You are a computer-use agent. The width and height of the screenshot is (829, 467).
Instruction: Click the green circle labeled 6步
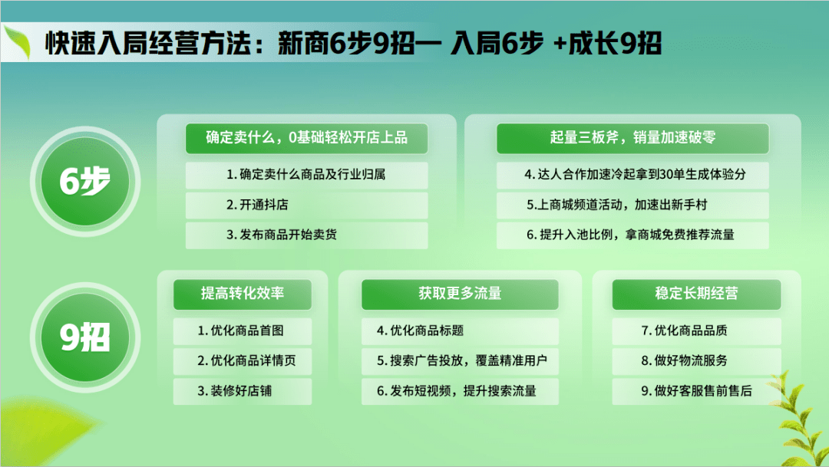(x=85, y=181)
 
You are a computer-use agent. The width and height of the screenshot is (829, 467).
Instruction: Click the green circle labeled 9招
(x=85, y=337)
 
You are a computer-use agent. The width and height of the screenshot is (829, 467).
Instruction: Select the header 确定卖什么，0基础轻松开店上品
(x=306, y=138)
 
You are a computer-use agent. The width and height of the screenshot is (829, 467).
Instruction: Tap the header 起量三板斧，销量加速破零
(x=632, y=138)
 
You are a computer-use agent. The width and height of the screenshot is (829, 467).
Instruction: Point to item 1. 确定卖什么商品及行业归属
(x=306, y=175)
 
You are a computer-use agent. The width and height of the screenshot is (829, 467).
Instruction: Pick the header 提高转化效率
(x=242, y=294)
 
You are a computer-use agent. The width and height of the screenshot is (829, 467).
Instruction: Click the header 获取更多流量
(x=460, y=294)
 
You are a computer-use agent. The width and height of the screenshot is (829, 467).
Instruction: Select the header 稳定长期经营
(x=696, y=294)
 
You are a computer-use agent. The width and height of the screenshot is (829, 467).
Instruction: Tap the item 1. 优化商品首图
(x=242, y=331)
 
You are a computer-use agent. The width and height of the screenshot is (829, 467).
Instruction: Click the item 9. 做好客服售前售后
(x=696, y=391)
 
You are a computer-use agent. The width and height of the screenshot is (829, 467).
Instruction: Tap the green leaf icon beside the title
(x=19, y=42)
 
